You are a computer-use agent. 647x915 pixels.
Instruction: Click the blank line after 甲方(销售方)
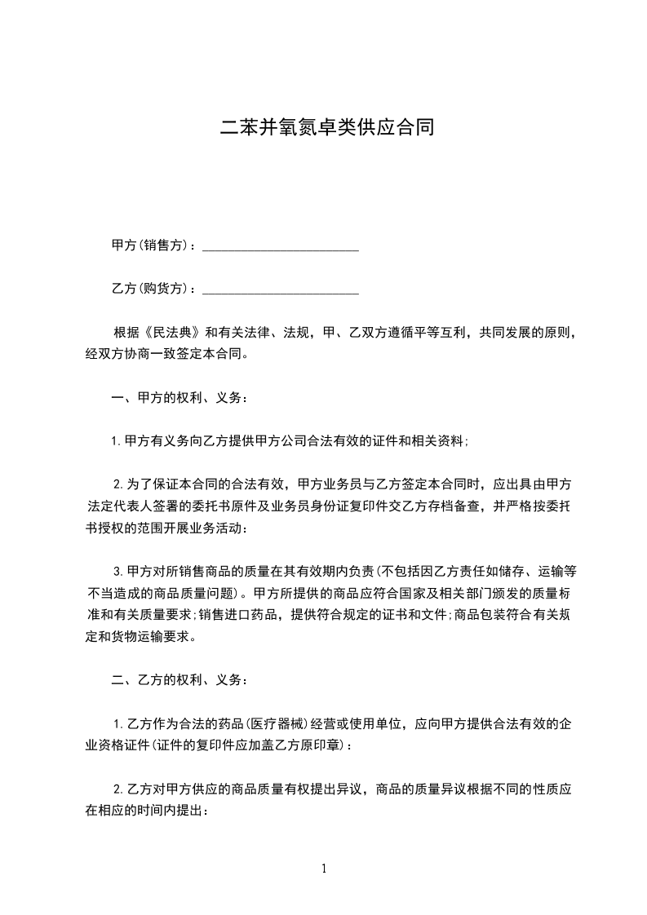point(280,245)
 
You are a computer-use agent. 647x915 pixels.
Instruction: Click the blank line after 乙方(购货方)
point(280,289)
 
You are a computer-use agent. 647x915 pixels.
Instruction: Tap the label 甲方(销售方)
point(153,245)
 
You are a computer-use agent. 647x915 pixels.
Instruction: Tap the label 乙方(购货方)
point(153,289)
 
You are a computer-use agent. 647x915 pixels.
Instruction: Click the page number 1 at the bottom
point(324,869)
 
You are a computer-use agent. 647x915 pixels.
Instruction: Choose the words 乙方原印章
point(308,745)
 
